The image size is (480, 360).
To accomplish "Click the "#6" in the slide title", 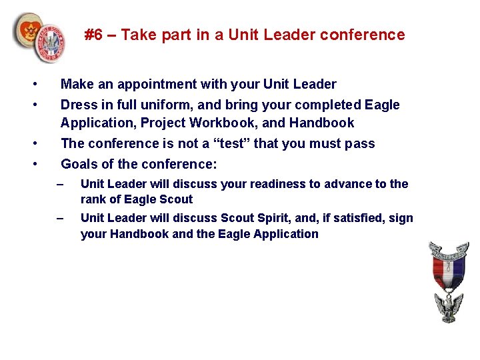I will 94,35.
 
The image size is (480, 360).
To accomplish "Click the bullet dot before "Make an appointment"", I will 32,84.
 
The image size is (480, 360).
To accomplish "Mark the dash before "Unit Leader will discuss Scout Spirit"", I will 60,218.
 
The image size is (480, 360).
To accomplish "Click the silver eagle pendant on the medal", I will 449,307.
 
